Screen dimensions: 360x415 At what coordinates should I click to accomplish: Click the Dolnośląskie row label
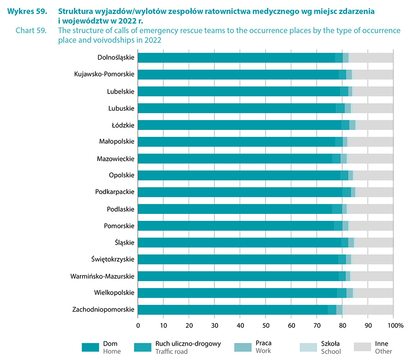[x=116, y=58]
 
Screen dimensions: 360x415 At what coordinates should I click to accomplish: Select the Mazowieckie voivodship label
[x=115, y=159]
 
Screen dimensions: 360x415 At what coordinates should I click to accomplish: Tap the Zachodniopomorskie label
[x=103, y=310]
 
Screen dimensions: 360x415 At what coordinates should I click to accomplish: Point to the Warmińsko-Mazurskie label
[x=102, y=276]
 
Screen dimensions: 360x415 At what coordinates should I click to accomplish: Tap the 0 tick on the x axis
[x=138, y=325]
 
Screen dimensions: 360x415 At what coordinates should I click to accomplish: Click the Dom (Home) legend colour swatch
[x=90, y=347]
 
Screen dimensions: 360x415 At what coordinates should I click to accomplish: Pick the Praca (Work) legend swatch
[x=243, y=347]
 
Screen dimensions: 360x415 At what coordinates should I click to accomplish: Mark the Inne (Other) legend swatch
[x=362, y=347]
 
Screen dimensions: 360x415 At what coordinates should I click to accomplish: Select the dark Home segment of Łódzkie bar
[x=239, y=125]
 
